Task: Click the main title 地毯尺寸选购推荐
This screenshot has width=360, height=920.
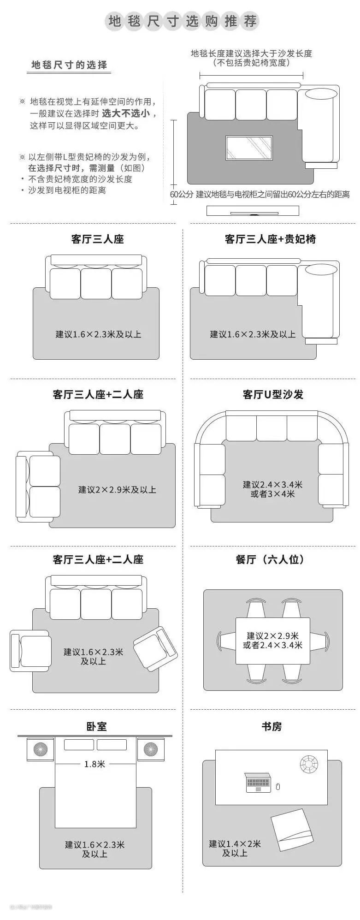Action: [x=182, y=21]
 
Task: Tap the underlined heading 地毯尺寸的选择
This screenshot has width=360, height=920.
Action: [x=69, y=65]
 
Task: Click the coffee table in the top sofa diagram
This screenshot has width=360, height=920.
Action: [x=248, y=148]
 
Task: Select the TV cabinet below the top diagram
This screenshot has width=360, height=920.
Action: [x=253, y=211]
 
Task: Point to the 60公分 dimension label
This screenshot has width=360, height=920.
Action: [x=182, y=195]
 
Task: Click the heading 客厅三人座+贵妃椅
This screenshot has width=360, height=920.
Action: [x=270, y=239]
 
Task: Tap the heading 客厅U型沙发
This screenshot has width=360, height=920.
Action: [x=273, y=394]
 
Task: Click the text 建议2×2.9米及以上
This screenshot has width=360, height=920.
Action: [x=117, y=490]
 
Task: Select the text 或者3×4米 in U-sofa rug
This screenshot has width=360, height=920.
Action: [x=272, y=494]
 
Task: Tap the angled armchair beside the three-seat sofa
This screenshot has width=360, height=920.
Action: [x=155, y=648]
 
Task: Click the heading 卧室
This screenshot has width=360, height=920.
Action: [x=96, y=726]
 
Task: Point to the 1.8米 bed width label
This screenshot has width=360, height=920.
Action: [x=94, y=764]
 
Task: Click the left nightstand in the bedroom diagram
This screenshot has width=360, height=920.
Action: [x=40, y=749]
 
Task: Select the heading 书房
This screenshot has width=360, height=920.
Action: [x=271, y=726]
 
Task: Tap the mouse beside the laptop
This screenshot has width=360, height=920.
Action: [x=278, y=787]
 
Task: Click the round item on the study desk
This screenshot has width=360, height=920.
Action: [x=308, y=764]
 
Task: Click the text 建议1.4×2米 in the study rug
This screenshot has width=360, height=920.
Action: [x=235, y=843]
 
